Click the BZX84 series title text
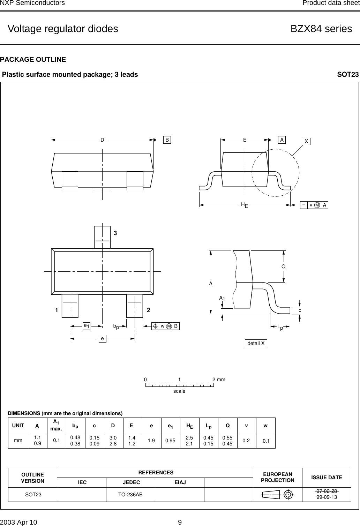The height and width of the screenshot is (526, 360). [321, 29]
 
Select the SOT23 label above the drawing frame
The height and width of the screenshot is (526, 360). [348, 75]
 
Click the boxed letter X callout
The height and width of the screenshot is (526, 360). [306, 141]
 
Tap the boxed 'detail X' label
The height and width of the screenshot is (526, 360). [256, 344]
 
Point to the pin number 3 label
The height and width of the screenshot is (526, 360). [114, 233]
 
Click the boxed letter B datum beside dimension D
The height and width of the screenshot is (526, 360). [167, 140]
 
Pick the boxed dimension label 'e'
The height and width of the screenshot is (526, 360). [102, 338]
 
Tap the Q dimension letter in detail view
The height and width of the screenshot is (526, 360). [284, 266]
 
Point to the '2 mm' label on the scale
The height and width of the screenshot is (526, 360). [219, 379]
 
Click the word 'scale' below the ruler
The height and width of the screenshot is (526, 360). [179, 391]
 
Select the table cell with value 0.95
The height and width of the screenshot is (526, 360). [170, 441]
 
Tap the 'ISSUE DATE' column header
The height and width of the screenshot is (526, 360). [327, 478]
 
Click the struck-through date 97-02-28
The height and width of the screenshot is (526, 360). [327, 491]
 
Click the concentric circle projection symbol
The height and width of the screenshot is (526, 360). [288, 495]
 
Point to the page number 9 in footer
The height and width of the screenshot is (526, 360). [180, 522]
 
